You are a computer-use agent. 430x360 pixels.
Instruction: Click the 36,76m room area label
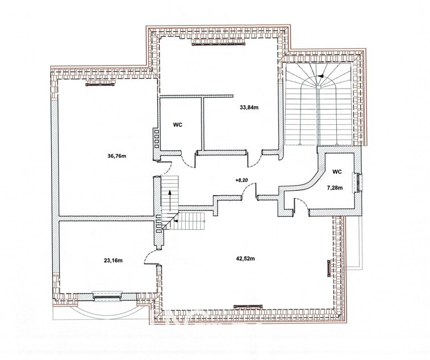(x=117, y=156)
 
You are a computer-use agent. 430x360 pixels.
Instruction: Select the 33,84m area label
(x=249, y=107)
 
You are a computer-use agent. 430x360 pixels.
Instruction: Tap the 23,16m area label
(x=113, y=261)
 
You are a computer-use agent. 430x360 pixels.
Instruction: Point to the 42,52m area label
(x=245, y=258)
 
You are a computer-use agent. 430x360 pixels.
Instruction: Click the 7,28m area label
(x=335, y=188)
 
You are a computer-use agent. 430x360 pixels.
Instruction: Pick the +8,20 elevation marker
(x=241, y=180)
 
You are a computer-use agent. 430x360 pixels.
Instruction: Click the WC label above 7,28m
(x=337, y=171)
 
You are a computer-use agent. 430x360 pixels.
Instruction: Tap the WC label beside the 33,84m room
(x=178, y=125)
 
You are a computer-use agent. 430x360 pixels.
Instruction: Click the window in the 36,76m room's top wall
(x=100, y=85)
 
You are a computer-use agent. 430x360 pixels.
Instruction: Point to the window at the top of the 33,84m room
(x=219, y=43)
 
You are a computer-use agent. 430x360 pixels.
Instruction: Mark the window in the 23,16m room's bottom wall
(x=107, y=296)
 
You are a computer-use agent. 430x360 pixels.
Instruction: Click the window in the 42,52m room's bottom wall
(x=248, y=306)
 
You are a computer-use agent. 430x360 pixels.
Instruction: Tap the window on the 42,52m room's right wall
(x=329, y=269)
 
